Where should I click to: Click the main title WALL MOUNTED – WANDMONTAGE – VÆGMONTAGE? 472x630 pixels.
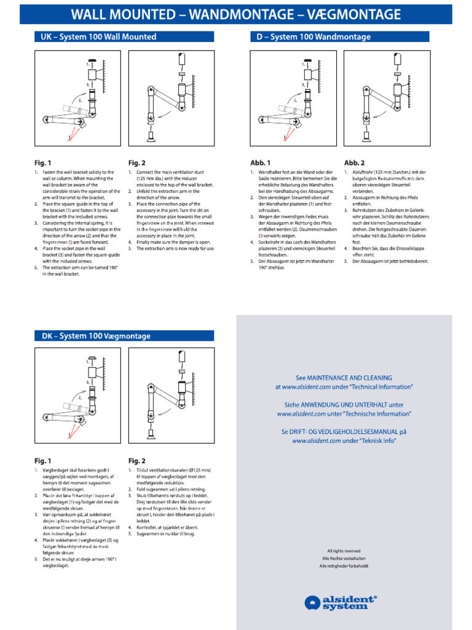tap(236, 15)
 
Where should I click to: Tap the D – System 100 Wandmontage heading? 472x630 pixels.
tap(313, 37)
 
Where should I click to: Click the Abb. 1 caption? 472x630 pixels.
tap(261, 163)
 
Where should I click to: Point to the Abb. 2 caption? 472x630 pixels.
tap(355, 163)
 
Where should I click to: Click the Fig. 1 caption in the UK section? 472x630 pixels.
tap(42, 163)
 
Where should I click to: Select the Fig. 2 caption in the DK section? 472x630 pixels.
tap(137, 460)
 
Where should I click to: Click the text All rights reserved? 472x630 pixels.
tap(344, 551)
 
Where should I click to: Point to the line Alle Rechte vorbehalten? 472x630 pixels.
tap(344, 558)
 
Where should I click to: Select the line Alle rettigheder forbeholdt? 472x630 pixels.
tap(344, 565)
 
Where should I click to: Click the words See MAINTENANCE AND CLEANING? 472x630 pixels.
tap(344, 378)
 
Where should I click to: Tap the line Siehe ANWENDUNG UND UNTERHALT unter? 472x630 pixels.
tap(344, 405)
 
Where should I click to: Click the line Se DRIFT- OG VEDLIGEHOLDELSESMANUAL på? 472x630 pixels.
tap(344, 432)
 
